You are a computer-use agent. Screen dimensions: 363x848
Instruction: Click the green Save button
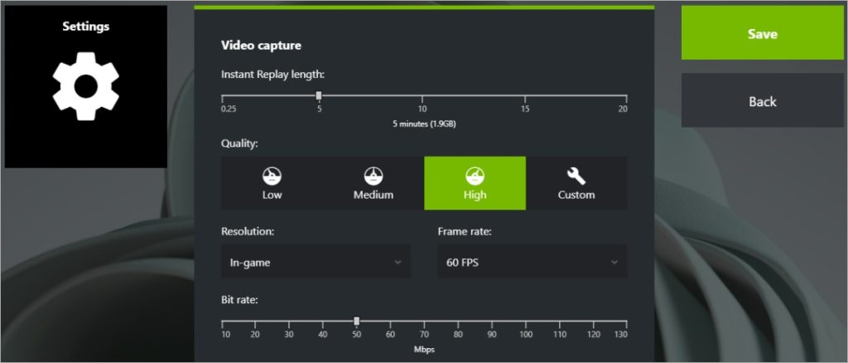point(762,34)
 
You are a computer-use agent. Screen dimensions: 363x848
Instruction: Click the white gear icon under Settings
point(85,86)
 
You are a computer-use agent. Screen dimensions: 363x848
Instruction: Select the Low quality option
point(272,183)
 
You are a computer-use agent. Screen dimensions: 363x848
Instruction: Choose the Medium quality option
point(373,183)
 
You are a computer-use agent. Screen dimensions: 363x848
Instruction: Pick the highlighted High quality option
point(475,183)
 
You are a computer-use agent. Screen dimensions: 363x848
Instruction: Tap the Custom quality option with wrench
point(576,183)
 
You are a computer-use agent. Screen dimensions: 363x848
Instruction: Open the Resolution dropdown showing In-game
point(316,262)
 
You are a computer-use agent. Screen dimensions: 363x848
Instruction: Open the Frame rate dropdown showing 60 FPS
point(532,262)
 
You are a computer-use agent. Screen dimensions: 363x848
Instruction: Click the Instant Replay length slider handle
point(319,95)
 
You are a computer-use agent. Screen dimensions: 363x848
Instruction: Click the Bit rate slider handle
point(357,321)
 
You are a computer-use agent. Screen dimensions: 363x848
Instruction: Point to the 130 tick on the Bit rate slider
point(621,335)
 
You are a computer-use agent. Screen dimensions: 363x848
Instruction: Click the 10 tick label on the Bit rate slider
point(225,335)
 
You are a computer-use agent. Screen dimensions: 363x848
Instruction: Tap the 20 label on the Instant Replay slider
point(623,109)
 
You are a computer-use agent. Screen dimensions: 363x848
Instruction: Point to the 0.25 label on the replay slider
point(229,109)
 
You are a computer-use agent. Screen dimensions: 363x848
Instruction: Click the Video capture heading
point(261,45)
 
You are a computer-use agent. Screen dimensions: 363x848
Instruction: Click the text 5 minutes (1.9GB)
point(424,123)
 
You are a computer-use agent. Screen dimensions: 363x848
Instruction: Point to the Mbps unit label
point(424,349)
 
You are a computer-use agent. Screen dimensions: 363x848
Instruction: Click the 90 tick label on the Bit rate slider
point(491,335)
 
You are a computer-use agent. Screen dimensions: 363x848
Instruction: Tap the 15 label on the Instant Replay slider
point(525,109)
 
